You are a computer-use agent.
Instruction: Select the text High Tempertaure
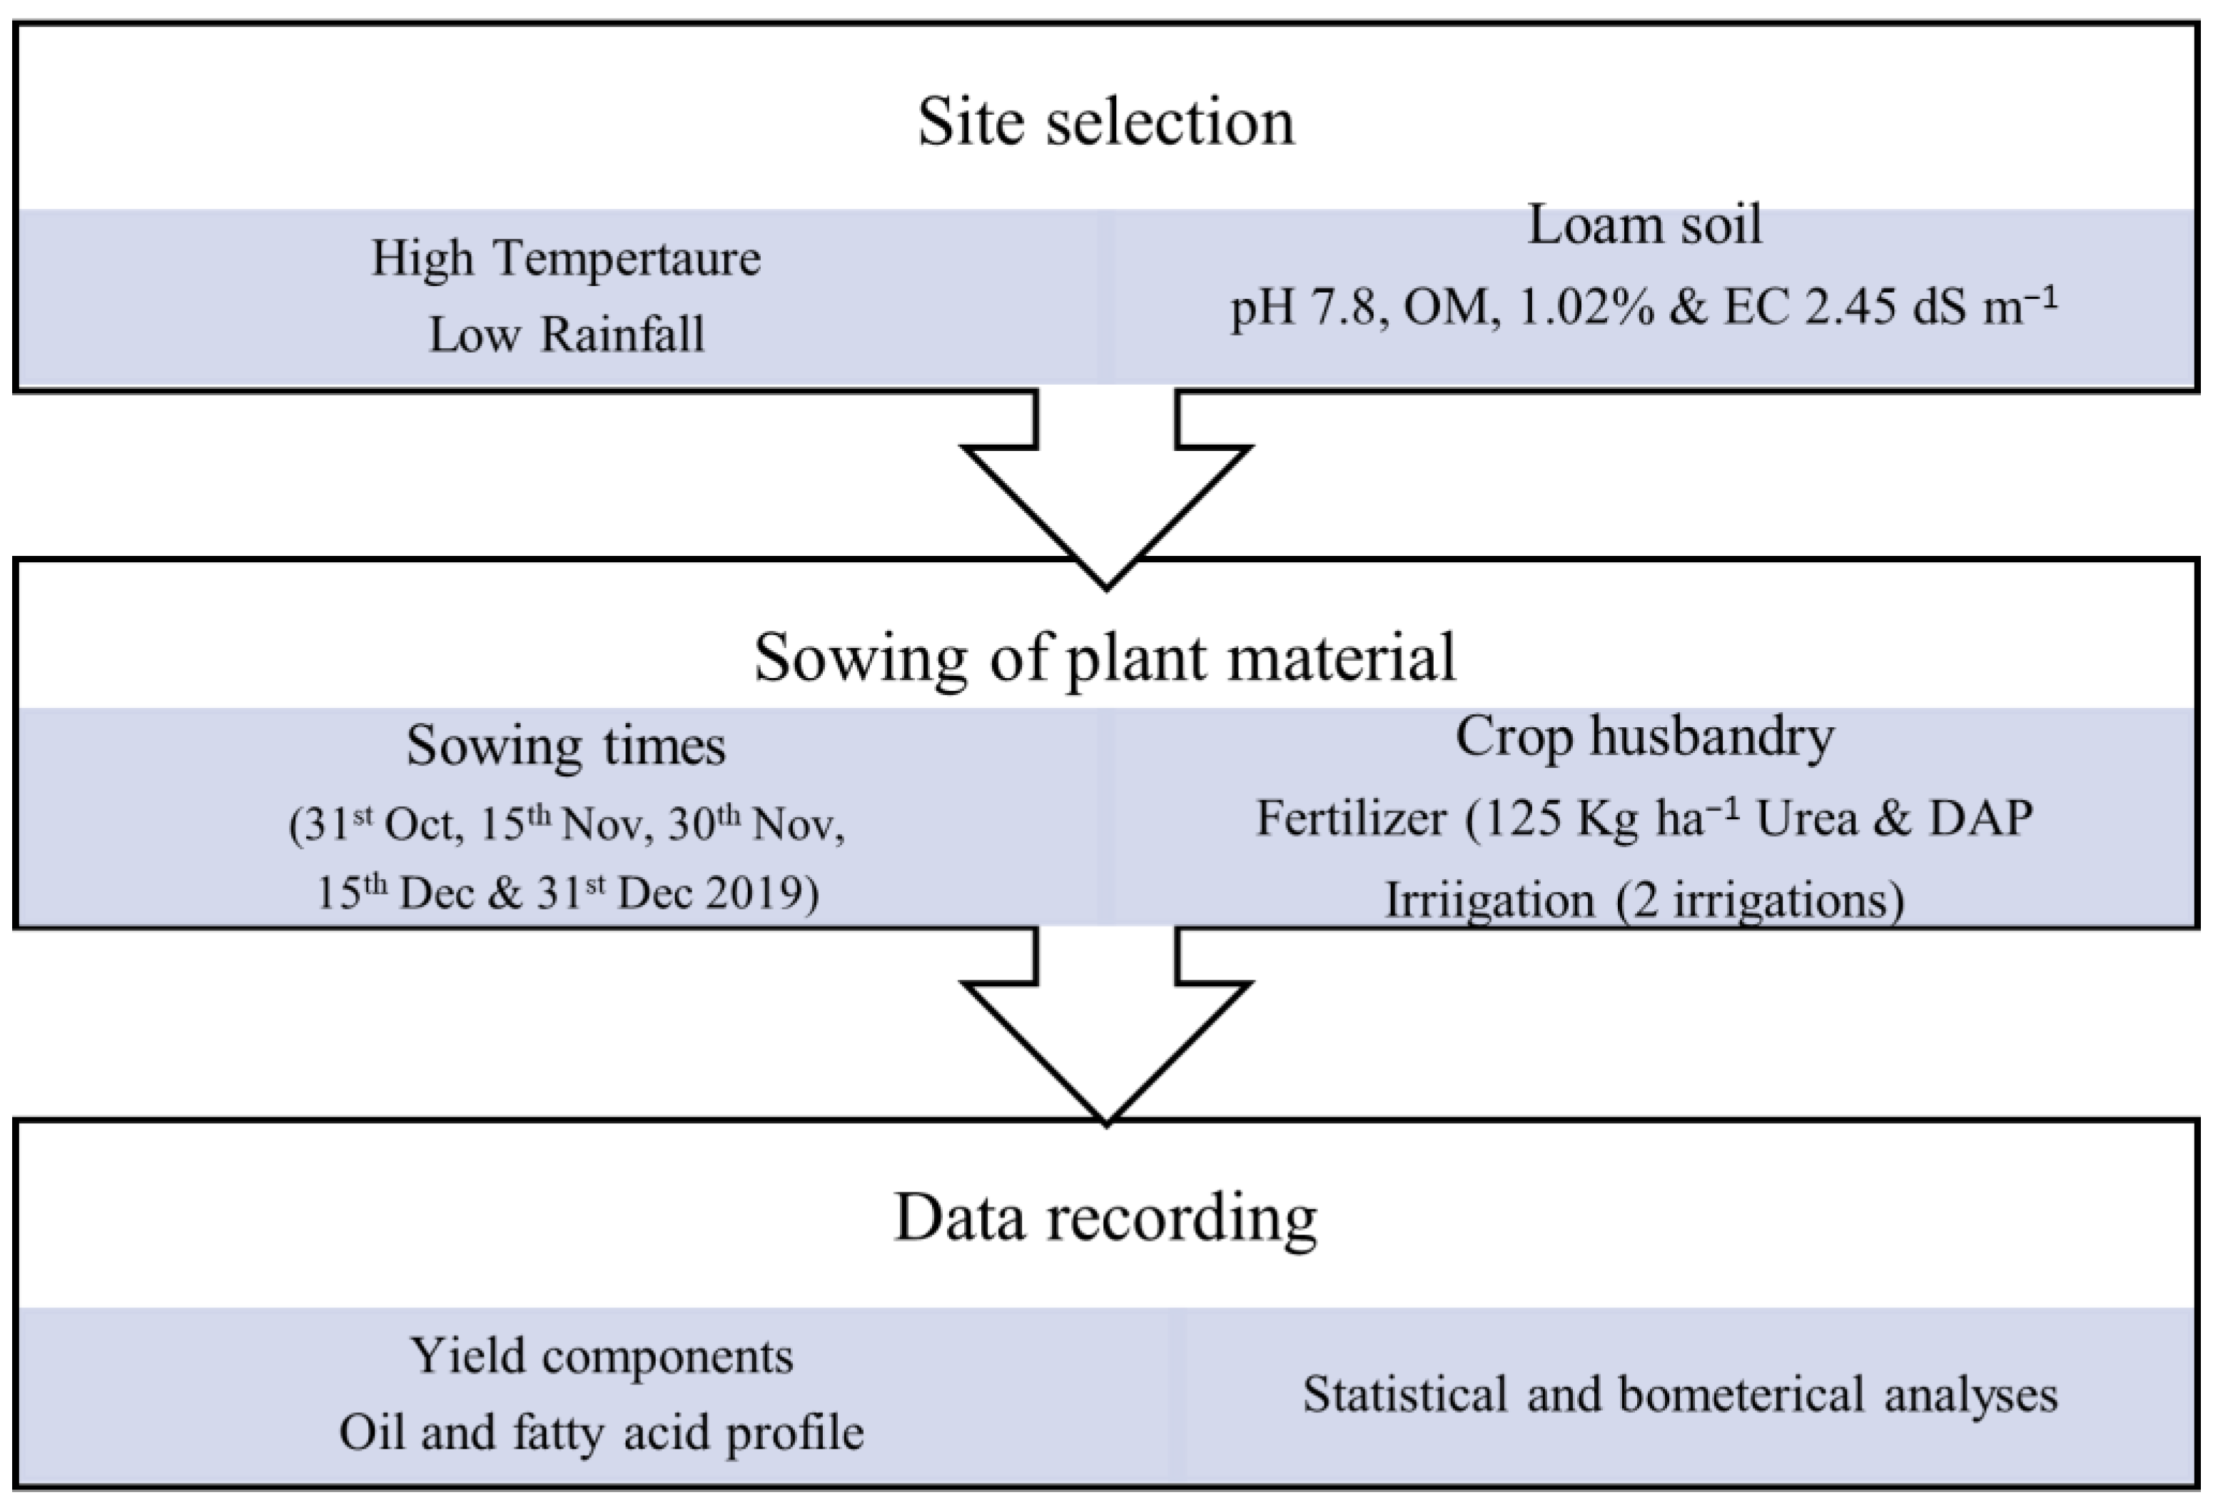coord(565,258)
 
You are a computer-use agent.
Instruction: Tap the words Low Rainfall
coord(566,335)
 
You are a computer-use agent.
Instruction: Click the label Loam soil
coord(1644,226)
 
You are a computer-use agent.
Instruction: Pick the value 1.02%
coord(1584,308)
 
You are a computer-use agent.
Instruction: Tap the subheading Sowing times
coord(565,745)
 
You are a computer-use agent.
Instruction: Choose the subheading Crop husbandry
coord(1644,736)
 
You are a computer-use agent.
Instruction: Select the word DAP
coord(1980,819)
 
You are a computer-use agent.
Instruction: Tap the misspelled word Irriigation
coord(1489,900)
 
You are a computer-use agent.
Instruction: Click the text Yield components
coord(602,1356)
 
